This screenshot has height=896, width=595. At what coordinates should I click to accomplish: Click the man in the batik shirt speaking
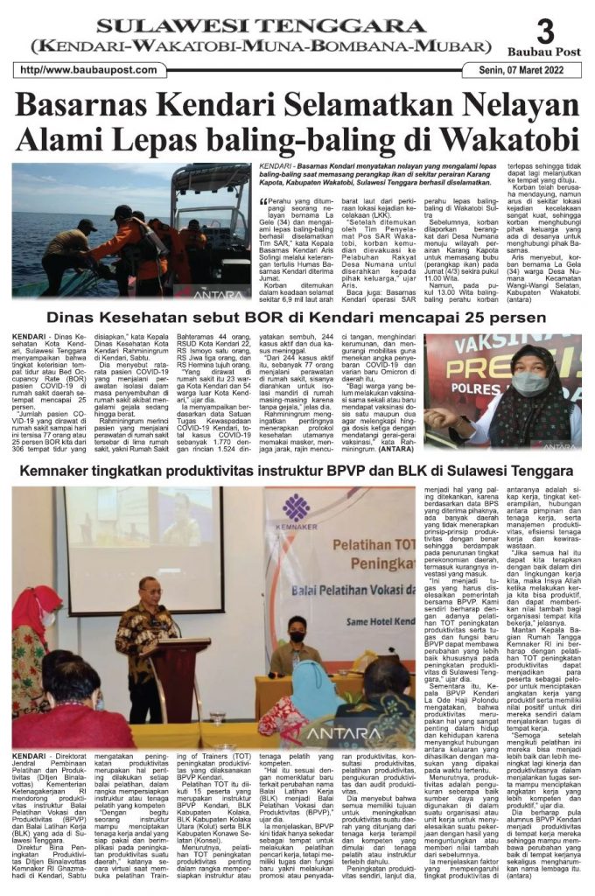coord(145,639)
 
